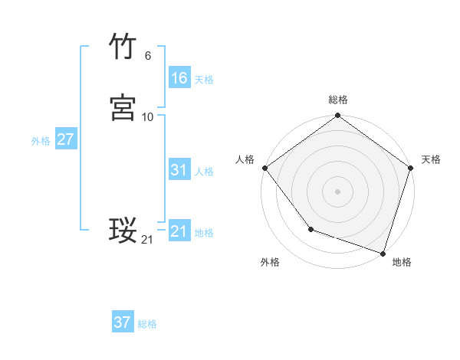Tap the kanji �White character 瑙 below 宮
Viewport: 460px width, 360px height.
[123, 230]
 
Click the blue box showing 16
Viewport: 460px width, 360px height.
[179, 78]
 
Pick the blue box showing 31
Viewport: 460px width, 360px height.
[179, 170]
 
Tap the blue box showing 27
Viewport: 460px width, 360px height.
[65, 140]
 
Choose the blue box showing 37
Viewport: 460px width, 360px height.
[123, 322]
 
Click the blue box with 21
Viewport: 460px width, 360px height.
[179, 231]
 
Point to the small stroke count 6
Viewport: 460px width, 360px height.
[148, 55]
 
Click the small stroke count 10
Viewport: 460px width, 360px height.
[148, 117]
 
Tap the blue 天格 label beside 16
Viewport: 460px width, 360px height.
[204, 80]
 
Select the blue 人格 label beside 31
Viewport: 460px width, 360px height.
[204, 172]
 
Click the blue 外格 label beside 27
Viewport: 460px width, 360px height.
[41, 141]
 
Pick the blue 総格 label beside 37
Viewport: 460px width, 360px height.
[147, 324]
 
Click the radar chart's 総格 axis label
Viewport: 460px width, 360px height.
[338, 100]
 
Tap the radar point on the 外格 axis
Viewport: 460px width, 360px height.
[310, 229]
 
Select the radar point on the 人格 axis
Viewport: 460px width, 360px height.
[264, 168]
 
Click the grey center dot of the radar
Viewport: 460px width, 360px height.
[338, 191]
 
